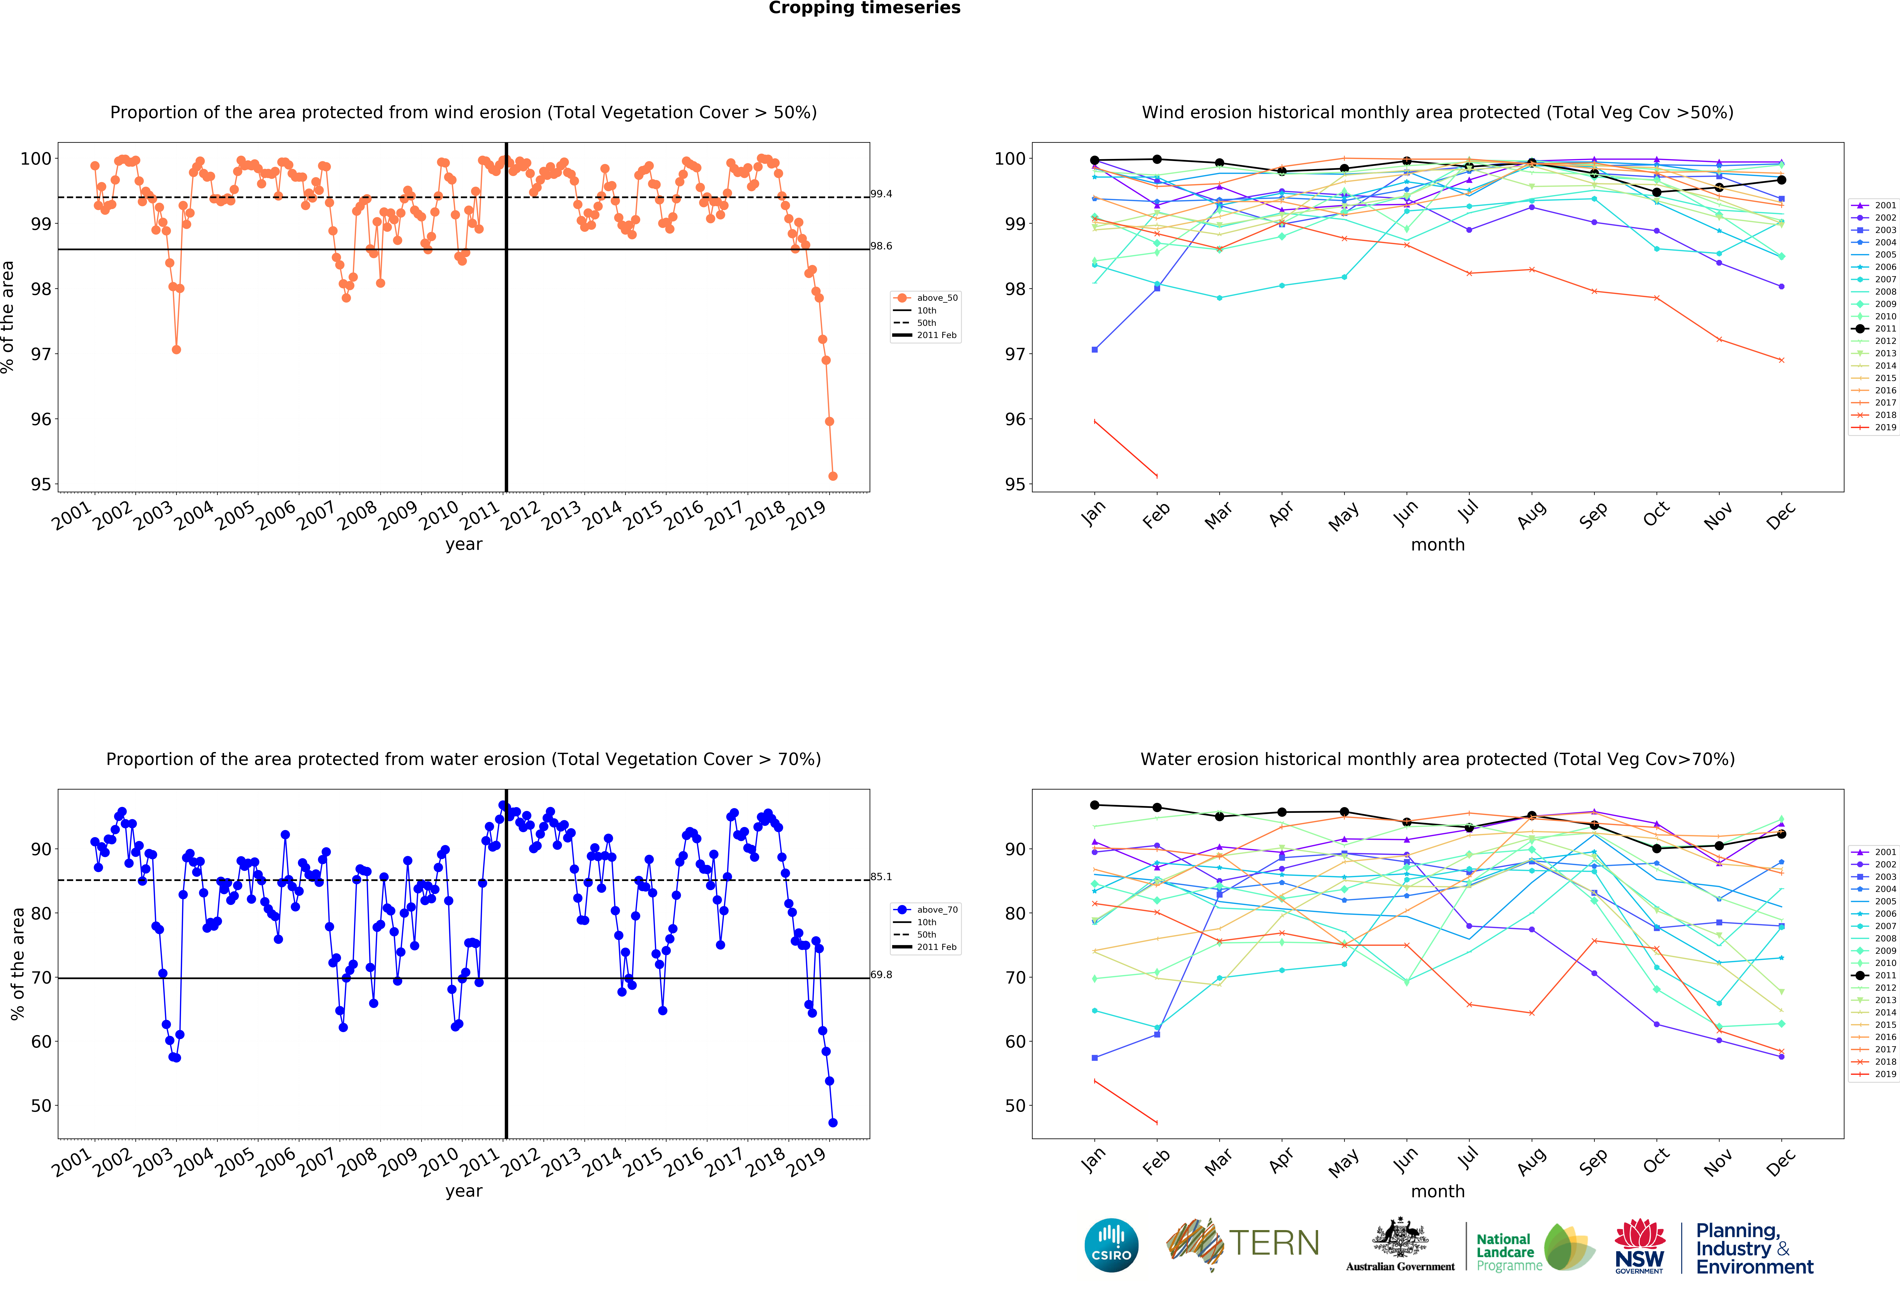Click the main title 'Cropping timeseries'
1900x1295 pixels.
864,8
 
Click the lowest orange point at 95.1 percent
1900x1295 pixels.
832,476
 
